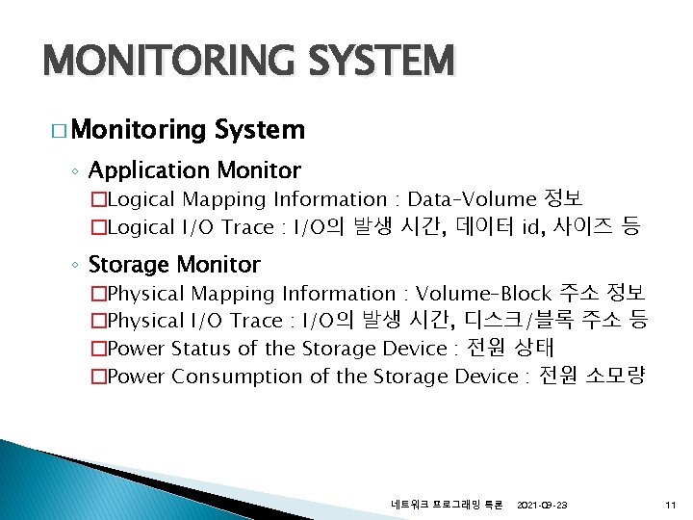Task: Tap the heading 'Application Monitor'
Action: pyautogui.click(x=194, y=171)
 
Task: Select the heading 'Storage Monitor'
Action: pyautogui.click(x=174, y=264)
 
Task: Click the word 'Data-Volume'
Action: pyautogui.click(x=472, y=200)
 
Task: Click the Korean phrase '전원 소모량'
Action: pyautogui.click(x=590, y=376)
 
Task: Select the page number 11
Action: pyautogui.click(x=670, y=505)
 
